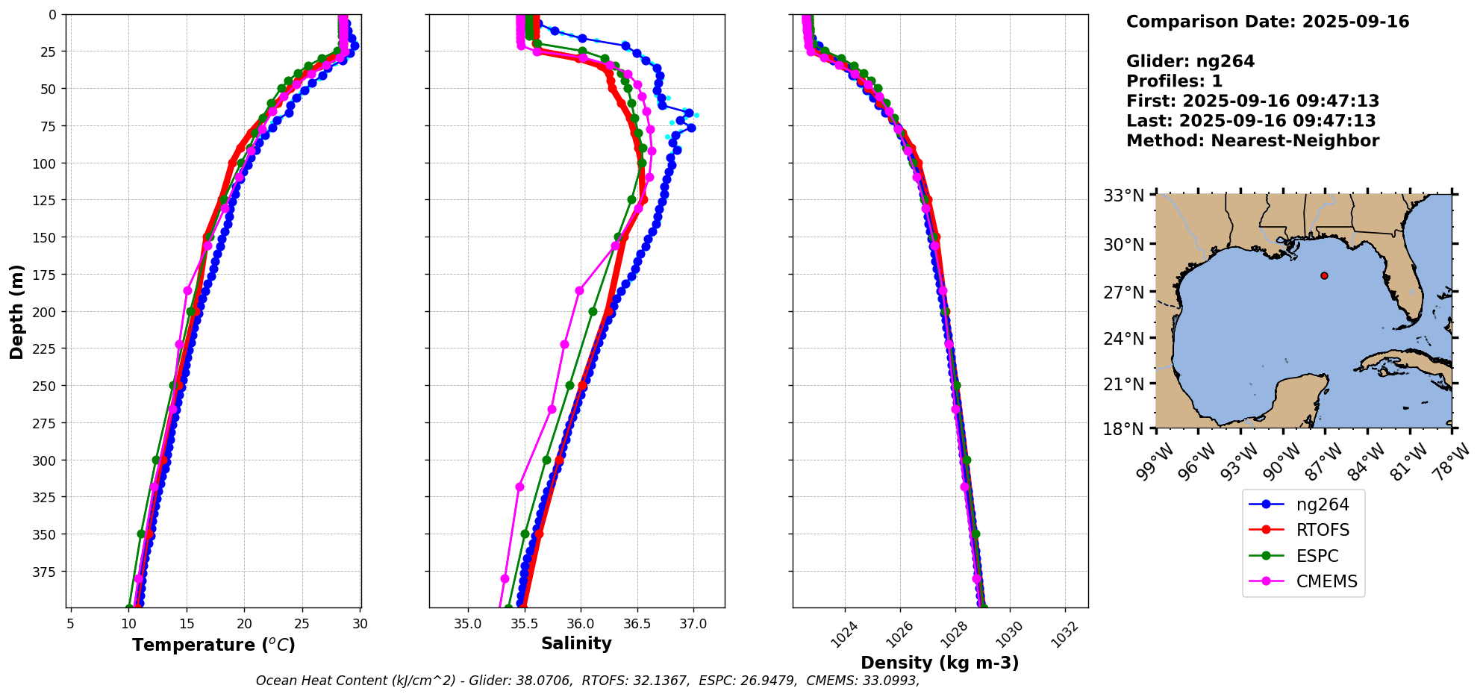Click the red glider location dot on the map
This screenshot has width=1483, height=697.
click(1324, 275)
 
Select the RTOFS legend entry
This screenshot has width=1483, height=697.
click(1322, 531)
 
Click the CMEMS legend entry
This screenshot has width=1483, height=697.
click(1326, 582)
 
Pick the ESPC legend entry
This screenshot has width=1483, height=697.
click(1317, 556)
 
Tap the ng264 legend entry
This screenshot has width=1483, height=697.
click(1322, 504)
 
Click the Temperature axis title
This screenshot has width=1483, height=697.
click(213, 645)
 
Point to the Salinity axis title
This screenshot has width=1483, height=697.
click(576, 644)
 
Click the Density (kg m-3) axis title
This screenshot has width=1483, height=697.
click(939, 663)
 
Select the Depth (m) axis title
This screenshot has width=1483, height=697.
click(16, 311)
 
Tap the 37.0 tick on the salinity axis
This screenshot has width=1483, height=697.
click(693, 624)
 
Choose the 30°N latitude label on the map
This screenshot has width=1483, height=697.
click(1123, 245)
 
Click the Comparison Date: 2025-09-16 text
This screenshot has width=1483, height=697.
click(1267, 22)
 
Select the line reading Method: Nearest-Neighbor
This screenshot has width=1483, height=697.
click(1252, 141)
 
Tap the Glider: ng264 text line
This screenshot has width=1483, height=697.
click(1190, 61)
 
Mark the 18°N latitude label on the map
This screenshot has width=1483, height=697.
click(1123, 429)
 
